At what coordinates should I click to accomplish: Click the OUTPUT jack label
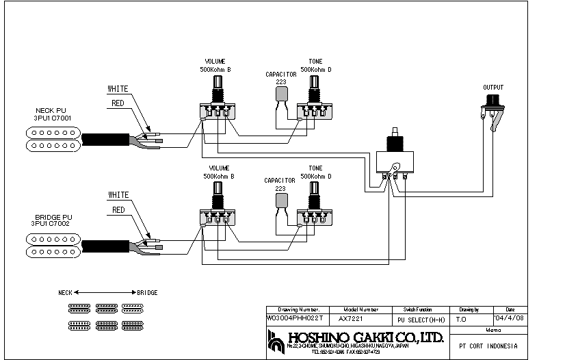tap(492, 88)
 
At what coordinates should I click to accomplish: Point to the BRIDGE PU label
tap(51, 217)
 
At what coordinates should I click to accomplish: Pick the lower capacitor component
tap(280, 201)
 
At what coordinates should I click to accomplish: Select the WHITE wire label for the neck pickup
tap(118, 88)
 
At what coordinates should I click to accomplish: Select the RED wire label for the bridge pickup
tap(118, 210)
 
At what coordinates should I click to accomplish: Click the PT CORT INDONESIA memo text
tap(488, 346)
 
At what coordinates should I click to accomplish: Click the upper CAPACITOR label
tap(280, 74)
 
